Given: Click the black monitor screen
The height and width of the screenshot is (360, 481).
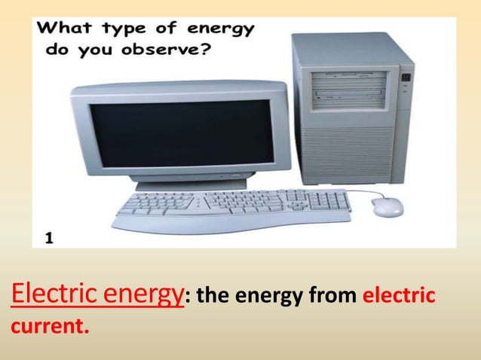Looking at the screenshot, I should tap(182, 135).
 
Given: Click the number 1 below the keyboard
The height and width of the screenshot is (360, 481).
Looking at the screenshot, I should tap(48, 239).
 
